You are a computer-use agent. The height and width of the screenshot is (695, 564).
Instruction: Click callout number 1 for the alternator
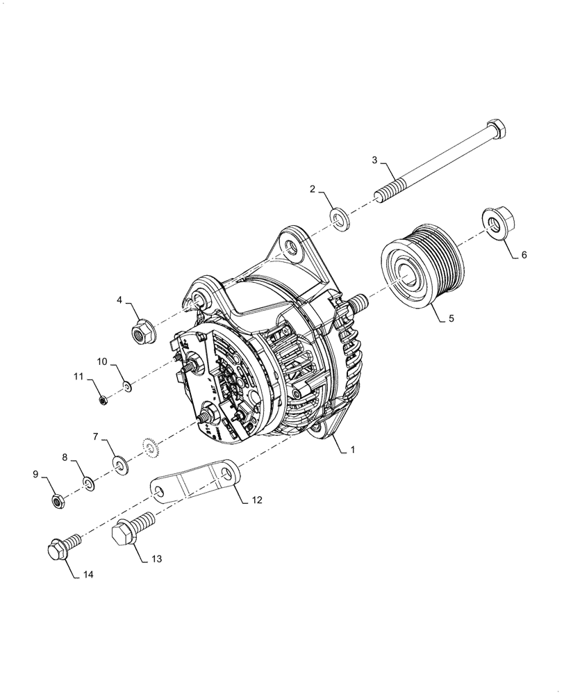(x=353, y=450)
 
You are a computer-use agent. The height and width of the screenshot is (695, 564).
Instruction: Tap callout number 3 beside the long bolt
(x=374, y=161)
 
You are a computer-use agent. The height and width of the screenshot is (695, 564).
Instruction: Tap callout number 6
(x=524, y=255)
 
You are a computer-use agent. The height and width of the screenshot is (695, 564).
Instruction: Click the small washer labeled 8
(x=90, y=482)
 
